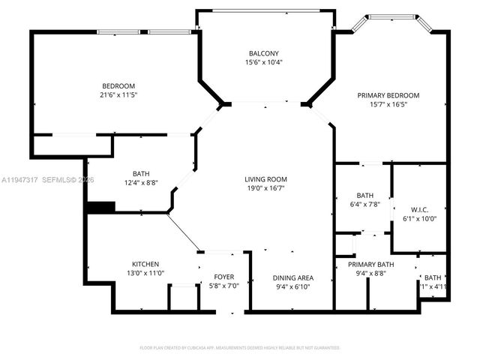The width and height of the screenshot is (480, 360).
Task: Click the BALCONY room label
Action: pos(264,53)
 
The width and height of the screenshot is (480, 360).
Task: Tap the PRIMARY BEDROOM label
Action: pos(388,95)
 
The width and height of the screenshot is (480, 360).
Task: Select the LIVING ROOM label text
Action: pos(265,179)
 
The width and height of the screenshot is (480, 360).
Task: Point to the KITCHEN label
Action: pos(145,265)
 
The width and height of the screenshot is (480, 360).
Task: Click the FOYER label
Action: pos(224,277)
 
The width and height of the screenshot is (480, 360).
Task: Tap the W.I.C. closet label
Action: pos(419,209)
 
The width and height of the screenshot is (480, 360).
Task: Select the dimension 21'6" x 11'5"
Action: pos(118,95)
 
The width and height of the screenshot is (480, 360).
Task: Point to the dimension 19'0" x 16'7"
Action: pos(265,188)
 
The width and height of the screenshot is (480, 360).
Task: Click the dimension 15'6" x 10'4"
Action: pos(264,62)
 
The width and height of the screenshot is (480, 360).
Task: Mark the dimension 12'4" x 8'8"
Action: pos(141,182)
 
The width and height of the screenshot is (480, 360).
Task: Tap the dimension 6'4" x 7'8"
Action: pos(365,204)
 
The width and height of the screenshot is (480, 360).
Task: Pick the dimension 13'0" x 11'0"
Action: pos(145,274)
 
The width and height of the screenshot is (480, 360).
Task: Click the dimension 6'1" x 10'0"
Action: pos(419,218)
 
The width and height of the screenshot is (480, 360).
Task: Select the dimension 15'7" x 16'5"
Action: pos(388,104)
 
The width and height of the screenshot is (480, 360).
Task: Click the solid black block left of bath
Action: pos(100,207)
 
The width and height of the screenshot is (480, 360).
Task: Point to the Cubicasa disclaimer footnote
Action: pos(240,348)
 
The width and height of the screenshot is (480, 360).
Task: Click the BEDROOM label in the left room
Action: pos(118,86)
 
